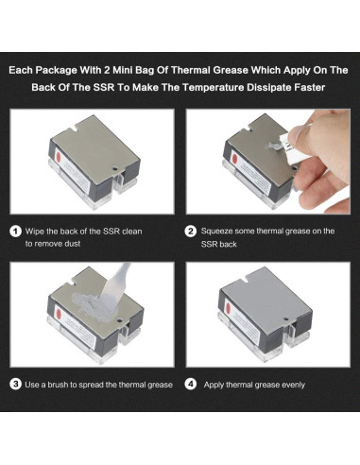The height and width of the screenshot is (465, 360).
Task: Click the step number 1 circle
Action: pyautogui.click(x=16, y=232)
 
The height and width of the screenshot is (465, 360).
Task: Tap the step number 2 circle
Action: pyautogui.click(x=191, y=232)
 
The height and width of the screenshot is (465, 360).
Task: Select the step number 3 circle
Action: pyautogui.click(x=16, y=385)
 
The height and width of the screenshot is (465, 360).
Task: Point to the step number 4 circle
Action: pyautogui.click(x=191, y=385)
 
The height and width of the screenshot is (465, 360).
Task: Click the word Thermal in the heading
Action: pyautogui.click(x=191, y=70)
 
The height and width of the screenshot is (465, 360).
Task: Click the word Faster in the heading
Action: pyautogui.click(x=309, y=87)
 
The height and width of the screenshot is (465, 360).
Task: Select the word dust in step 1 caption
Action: pyautogui.click(x=72, y=244)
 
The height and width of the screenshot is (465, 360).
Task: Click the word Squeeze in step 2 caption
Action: pyautogui.click(x=216, y=232)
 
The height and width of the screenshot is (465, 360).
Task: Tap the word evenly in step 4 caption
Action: pyautogui.click(x=293, y=385)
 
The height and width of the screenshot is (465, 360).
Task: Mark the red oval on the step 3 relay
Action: pyautogui.click(x=59, y=314)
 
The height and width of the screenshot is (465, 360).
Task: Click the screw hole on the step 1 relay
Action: pyautogui.click(x=115, y=169)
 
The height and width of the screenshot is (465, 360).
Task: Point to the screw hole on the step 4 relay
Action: pyautogui.click(x=285, y=319)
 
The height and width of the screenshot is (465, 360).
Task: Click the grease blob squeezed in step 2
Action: pyautogui.click(x=273, y=146)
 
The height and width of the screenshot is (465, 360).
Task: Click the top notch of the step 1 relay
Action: pyautogui.click(x=74, y=129)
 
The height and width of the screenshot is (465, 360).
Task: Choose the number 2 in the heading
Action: pyautogui.click(x=107, y=70)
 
